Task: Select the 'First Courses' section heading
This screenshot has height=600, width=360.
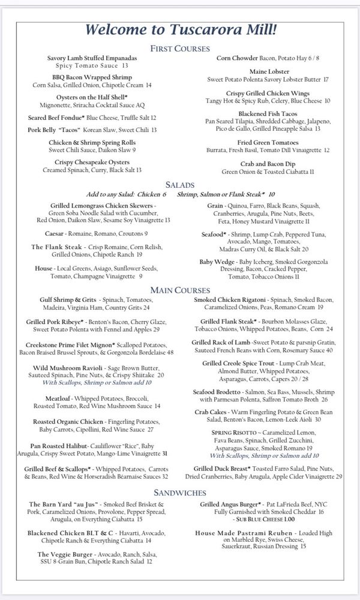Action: (x=180, y=49)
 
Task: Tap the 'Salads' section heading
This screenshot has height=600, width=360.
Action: (x=180, y=185)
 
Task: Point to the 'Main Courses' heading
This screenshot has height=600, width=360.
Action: (x=180, y=290)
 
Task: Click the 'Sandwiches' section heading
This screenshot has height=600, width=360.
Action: (x=180, y=491)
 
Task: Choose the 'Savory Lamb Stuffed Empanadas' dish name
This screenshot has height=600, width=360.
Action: (x=92, y=58)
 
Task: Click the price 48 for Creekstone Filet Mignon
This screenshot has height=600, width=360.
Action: (x=170, y=352)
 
